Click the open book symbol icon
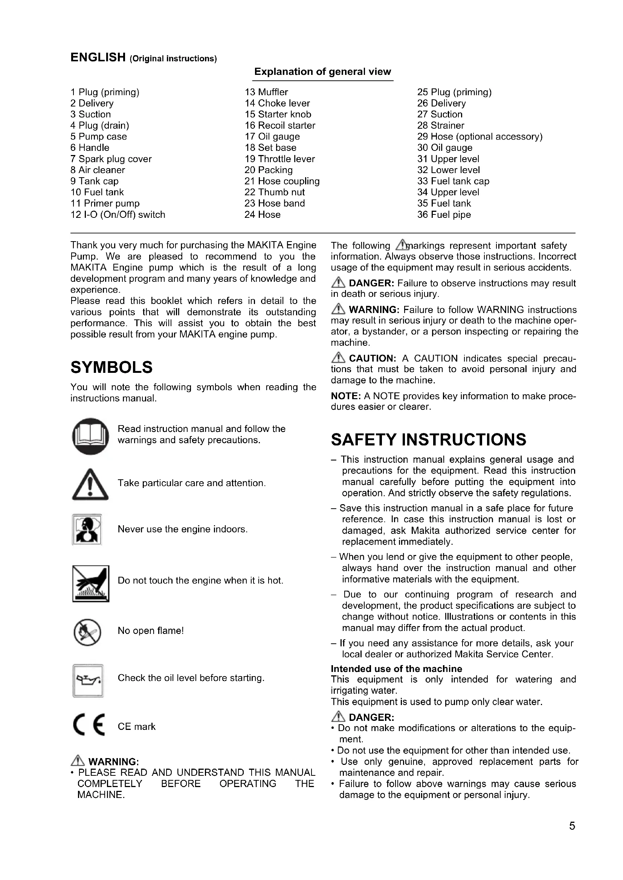(x=90, y=436)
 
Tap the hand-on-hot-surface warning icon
(x=90, y=584)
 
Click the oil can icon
(x=88, y=680)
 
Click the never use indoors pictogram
(x=87, y=529)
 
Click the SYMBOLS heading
(x=111, y=367)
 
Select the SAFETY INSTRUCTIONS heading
(x=428, y=439)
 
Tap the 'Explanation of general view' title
(x=322, y=72)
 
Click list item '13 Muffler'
(x=266, y=92)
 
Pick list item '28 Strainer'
(x=440, y=125)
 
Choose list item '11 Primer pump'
(x=105, y=203)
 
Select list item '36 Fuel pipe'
(x=444, y=214)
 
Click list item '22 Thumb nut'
(x=274, y=192)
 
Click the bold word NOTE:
(x=345, y=396)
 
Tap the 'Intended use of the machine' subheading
(x=396, y=669)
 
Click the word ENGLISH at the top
(x=98, y=58)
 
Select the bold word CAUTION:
(x=372, y=359)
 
